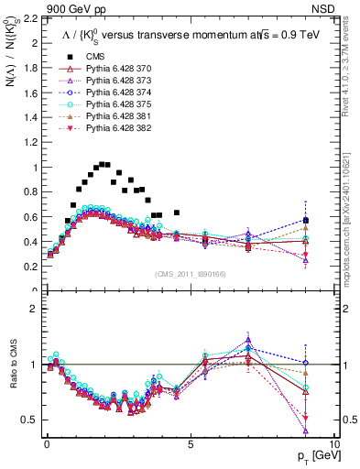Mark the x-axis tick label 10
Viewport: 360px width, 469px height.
pyautogui.click(x=334, y=443)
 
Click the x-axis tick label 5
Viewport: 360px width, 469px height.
pyautogui.click(x=190, y=443)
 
